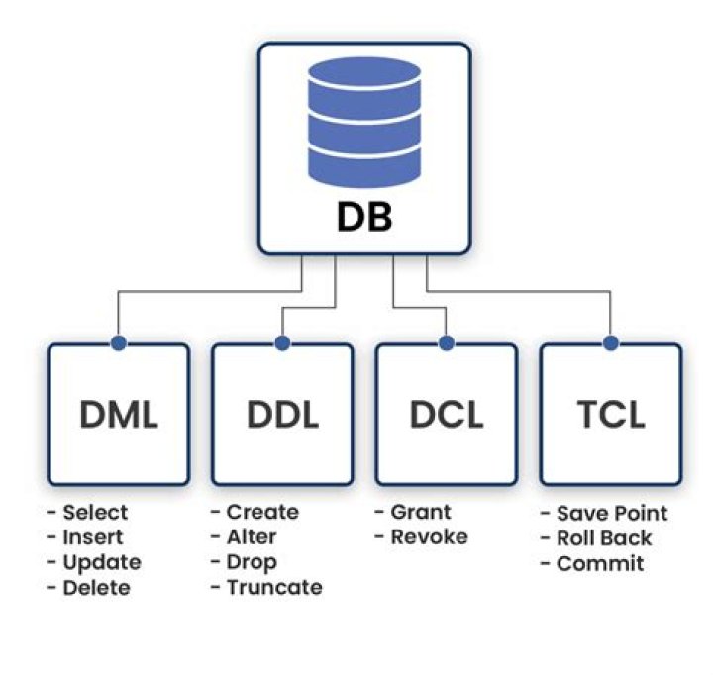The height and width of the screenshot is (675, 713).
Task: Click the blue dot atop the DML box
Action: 118,343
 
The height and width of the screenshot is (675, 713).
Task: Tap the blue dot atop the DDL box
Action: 282,343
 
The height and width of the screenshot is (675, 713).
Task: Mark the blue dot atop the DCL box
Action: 447,343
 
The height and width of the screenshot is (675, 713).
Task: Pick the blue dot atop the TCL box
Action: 610,343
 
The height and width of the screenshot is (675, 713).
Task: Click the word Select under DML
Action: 95,513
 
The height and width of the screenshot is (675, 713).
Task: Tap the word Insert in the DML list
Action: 93,537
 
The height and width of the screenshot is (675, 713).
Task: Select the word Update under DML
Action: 101,562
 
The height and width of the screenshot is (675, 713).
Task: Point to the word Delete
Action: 96,588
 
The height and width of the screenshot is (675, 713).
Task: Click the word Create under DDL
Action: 261,512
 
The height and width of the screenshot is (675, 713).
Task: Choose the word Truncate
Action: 273,588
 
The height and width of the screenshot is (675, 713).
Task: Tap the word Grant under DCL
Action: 420,512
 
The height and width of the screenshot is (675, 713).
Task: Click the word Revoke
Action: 429,537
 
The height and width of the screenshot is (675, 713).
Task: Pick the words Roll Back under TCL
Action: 603,538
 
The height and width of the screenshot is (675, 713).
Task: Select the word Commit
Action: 600,564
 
